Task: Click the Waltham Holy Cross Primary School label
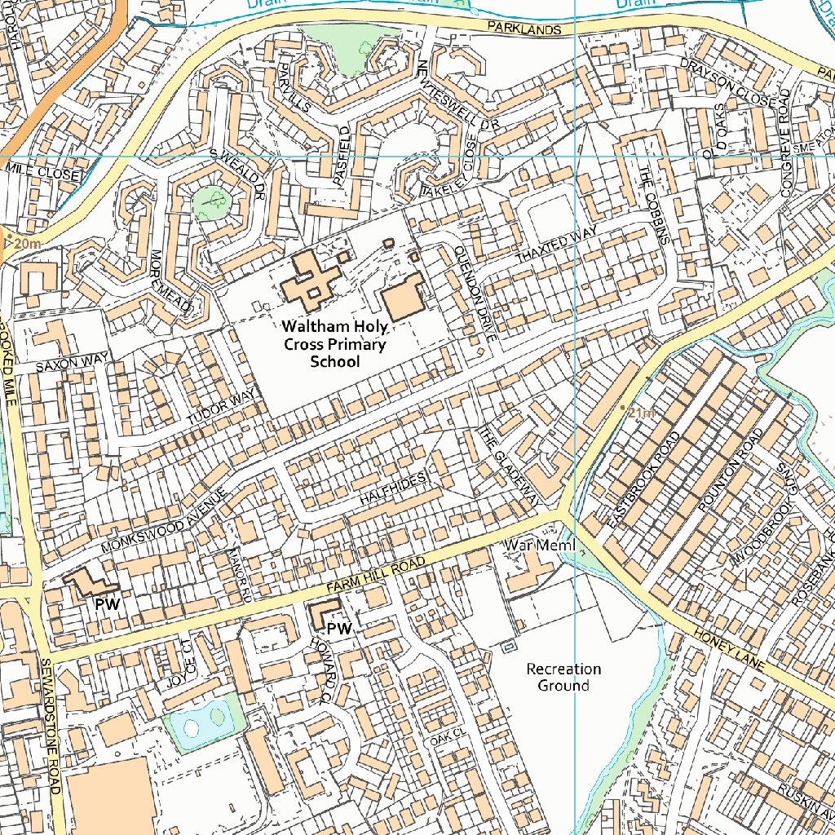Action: pos(334,343)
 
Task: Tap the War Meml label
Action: pos(540,544)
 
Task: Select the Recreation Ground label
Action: pos(563,677)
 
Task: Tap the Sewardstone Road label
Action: pos(50,726)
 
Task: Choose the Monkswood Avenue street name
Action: pos(163,521)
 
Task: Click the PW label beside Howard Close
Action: pos(338,629)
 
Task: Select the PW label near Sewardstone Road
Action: pos(108,604)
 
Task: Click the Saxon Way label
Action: pos(72,362)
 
